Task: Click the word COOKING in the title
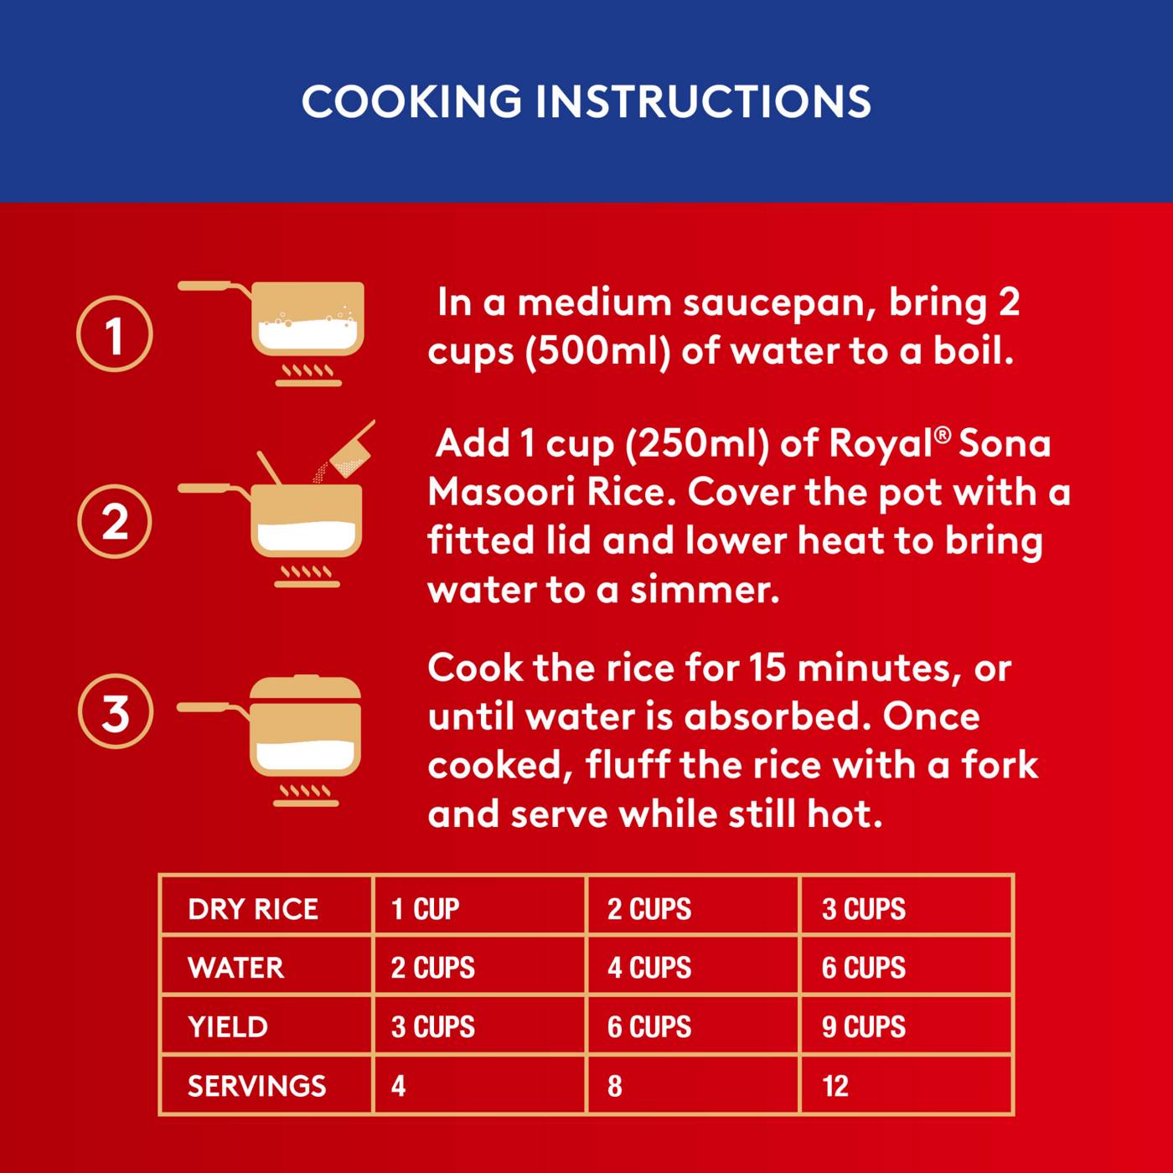point(411,101)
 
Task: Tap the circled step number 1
point(115,334)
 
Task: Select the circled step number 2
point(115,522)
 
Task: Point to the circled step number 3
point(115,711)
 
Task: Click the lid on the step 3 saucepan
point(306,687)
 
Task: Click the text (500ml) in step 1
point(597,353)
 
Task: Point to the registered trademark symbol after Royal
point(943,434)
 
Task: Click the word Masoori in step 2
point(501,492)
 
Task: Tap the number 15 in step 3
point(767,668)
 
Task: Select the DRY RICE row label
point(253,909)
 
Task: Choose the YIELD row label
point(228,1027)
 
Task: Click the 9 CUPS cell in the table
point(863,1027)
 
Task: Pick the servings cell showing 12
point(835,1087)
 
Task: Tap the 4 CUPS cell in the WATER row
point(649,968)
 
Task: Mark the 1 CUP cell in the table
point(425,909)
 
